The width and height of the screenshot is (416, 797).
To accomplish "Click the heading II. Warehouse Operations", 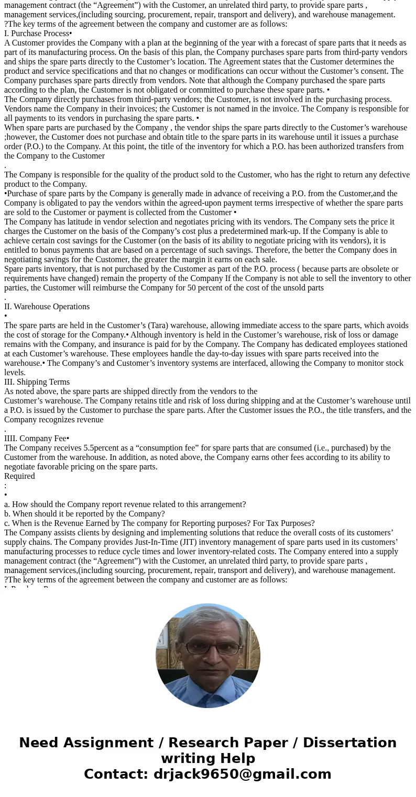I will (47, 307).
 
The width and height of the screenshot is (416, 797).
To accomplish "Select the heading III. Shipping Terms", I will (37, 382).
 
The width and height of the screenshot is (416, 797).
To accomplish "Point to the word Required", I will (19, 476).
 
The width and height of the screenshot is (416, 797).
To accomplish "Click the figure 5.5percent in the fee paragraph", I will (104, 448).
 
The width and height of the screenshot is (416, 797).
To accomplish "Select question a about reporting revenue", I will (125, 504).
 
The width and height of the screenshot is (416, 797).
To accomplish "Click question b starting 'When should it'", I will (84, 514).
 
